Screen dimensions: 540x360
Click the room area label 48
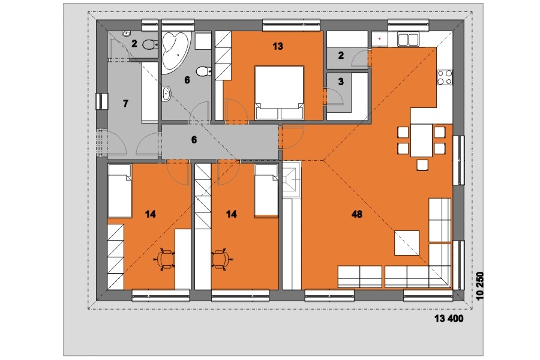(357, 214)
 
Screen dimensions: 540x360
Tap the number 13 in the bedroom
(278, 46)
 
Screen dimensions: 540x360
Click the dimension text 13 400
(449, 319)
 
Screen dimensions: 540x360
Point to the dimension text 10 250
(480, 286)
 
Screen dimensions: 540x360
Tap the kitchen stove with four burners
(445, 77)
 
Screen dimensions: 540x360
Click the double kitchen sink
(408, 39)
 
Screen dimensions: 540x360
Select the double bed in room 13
(279, 93)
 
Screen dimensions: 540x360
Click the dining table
(421, 140)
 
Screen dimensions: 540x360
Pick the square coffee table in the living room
(407, 243)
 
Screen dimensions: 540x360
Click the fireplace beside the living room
(292, 179)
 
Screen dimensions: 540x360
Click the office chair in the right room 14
(220, 259)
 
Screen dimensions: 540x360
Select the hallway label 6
(194, 140)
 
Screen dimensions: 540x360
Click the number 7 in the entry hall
(125, 103)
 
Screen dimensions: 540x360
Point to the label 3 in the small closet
(341, 82)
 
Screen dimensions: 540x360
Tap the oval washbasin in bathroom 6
(166, 94)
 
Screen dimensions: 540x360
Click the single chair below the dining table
(422, 165)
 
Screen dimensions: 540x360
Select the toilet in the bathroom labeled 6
(204, 71)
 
